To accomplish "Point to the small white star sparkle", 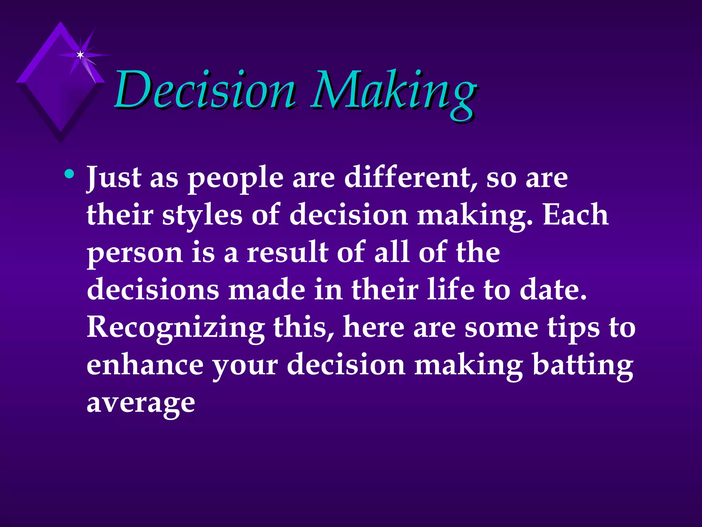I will coord(80,55).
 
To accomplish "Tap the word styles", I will coord(202,216).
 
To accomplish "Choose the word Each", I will coord(576,215).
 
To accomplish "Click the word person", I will coord(135,254).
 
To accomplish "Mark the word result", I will coord(288,252).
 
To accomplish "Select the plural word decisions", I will coord(153,290).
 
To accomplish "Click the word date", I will coord(553,290).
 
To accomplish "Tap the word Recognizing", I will coord(175,328).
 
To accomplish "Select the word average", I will coord(141,403).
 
